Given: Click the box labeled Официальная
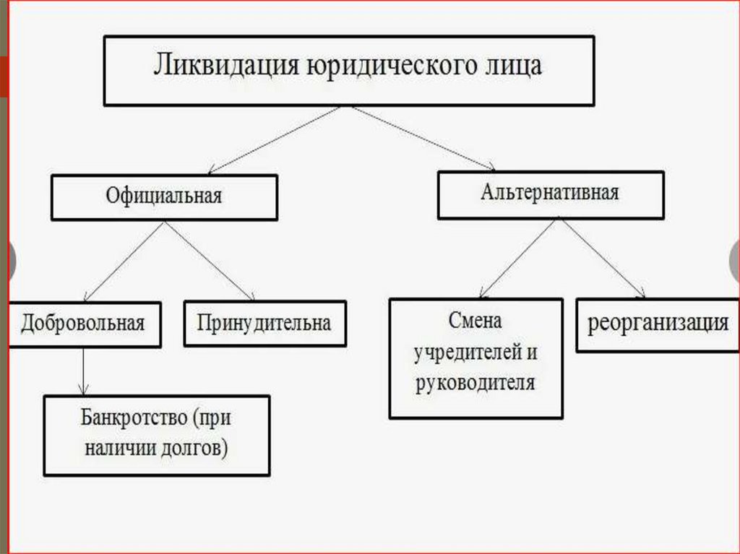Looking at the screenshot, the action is pyautogui.click(x=164, y=196).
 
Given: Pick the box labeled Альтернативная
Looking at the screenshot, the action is pyautogui.click(x=550, y=194).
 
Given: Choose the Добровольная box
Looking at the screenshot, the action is pyautogui.click(x=83, y=323).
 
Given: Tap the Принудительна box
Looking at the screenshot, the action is pyautogui.click(x=264, y=323).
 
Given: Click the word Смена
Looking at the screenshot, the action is pyautogui.click(x=475, y=321).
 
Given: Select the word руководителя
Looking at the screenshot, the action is pyautogui.click(x=476, y=383).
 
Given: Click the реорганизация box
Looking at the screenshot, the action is pyautogui.click(x=658, y=323).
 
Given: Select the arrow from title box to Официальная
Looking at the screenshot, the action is pyautogui.click(x=275, y=139).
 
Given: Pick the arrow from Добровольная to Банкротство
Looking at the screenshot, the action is pyautogui.click(x=85, y=371).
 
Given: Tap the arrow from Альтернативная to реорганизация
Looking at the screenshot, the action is pyautogui.click(x=603, y=258).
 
